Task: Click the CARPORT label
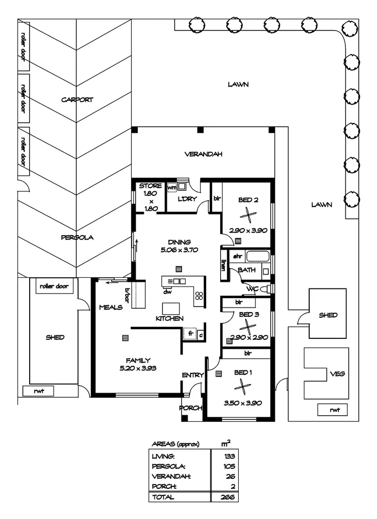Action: [x=77, y=100]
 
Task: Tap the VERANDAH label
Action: [x=203, y=154]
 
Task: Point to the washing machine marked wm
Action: [x=172, y=187]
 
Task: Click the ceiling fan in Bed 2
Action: [x=246, y=215]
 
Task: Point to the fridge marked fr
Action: [x=191, y=333]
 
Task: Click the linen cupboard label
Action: [x=223, y=265]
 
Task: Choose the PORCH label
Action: [x=191, y=408]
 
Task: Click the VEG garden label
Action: [x=336, y=375]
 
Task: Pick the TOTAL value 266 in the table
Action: [x=226, y=497]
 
